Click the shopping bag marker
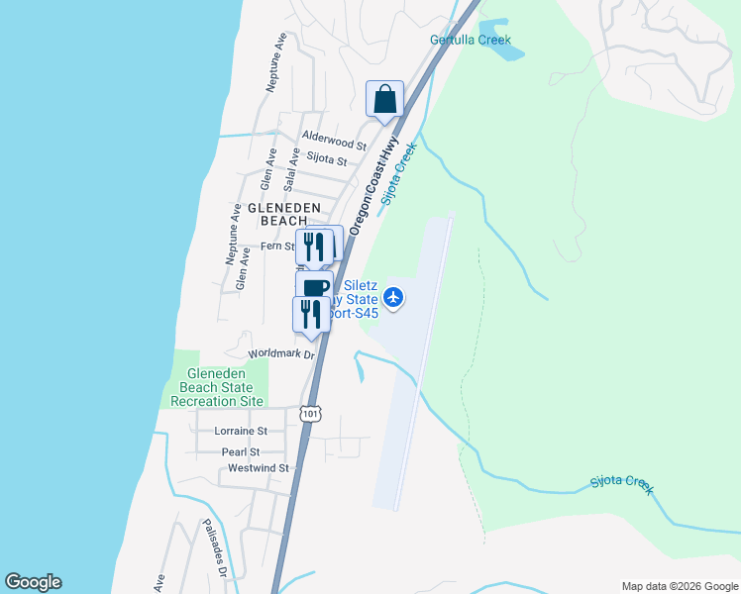pyautogui.click(x=384, y=100)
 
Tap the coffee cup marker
pyautogui.click(x=314, y=287)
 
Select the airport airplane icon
pyautogui.click(x=394, y=296)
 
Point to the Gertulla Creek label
pyautogui.click(x=471, y=41)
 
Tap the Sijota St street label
pyautogui.click(x=327, y=159)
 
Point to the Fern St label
pyautogui.click(x=274, y=246)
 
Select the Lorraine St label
pyautogui.click(x=241, y=431)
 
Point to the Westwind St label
pyautogui.click(x=258, y=468)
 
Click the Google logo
pyautogui.click(x=33, y=582)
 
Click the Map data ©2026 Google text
pyautogui.click(x=679, y=586)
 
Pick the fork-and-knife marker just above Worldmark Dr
pyautogui.click(x=310, y=315)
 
